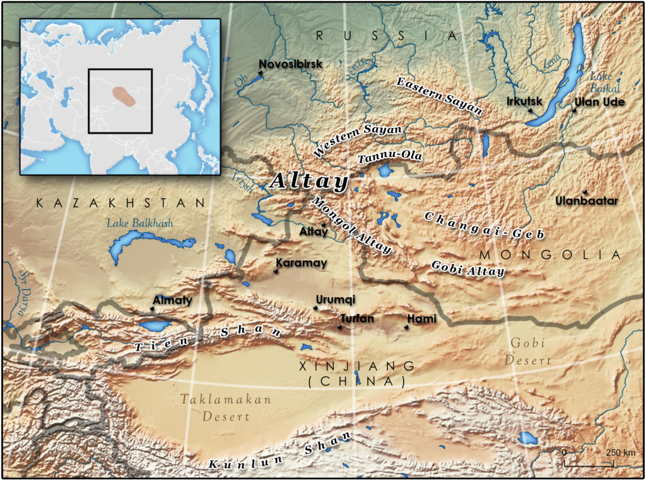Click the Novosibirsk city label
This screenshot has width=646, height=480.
tap(291, 64)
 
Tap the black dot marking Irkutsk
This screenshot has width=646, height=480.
tap(531, 111)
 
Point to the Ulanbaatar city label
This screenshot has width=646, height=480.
tap(587, 201)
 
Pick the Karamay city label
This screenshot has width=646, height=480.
tap(302, 263)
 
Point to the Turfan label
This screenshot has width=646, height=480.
tap(357, 319)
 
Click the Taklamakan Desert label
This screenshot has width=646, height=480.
tap(225, 408)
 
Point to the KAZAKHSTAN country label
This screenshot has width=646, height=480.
tap(120, 203)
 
